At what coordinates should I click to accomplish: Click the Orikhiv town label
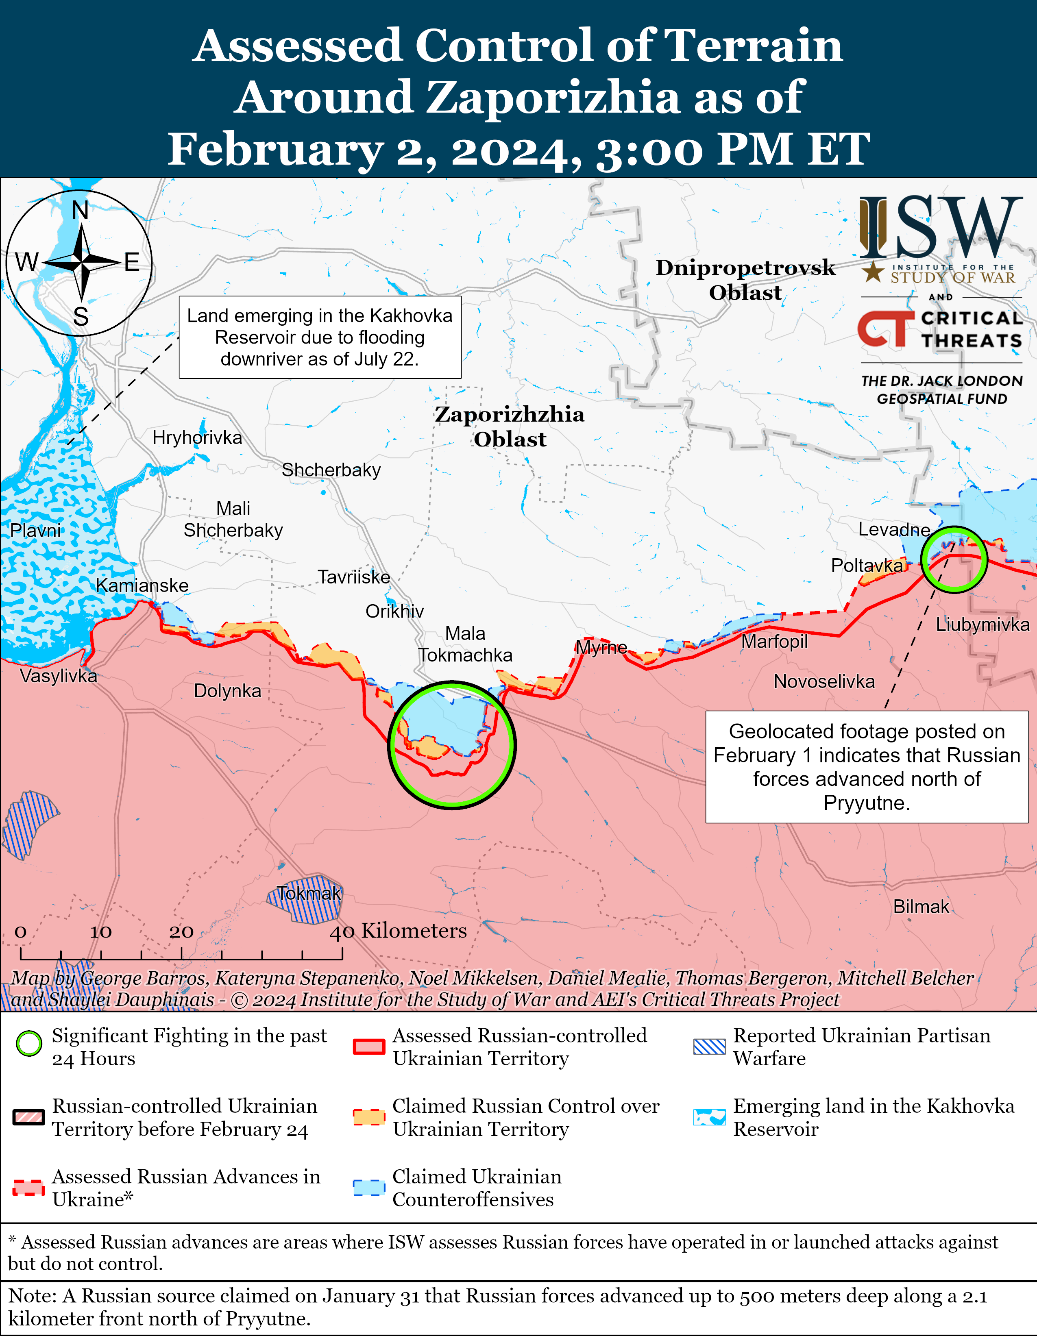pyautogui.click(x=394, y=611)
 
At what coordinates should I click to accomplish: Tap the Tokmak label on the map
pyautogui.click(x=308, y=893)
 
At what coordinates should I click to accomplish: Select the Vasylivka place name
pyautogui.click(x=58, y=676)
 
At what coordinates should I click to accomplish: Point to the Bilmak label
pyautogui.click(x=921, y=907)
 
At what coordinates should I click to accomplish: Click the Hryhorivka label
pyautogui.click(x=197, y=437)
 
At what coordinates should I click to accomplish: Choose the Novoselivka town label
pyautogui.click(x=823, y=681)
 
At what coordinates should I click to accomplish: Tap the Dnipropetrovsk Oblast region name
pyautogui.click(x=745, y=280)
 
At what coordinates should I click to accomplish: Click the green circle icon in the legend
pyautogui.click(x=29, y=1044)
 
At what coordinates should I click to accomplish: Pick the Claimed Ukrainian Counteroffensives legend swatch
pyautogui.click(x=369, y=1187)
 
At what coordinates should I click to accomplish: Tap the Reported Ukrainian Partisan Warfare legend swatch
pyautogui.click(x=709, y=1047)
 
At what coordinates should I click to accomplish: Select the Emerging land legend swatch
pyautogui.click(x=709, y=1117)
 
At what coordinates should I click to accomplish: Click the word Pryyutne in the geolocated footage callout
pyautogui.click(x=866, y=803)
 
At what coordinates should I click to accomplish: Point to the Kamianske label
pyautogui.click(x=142, y=585)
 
